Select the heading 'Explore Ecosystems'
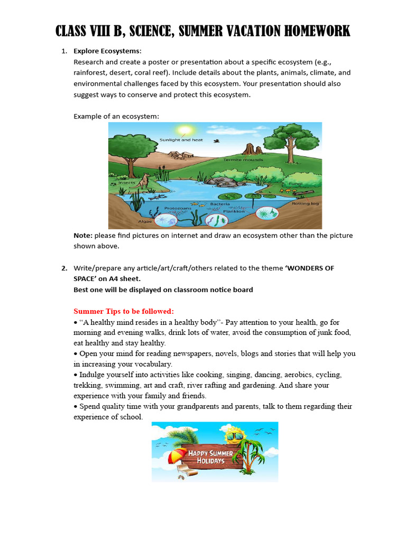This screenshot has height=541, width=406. click(x=107, y=51)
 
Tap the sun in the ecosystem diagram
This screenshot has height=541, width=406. click(x=185, y=130)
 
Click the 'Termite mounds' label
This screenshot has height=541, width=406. click(x=239, y=159)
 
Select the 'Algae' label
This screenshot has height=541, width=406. click(x=131, y=222)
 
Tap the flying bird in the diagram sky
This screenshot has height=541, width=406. click(x=217, y=141)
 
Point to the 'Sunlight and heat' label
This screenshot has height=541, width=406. click(x=181, y=140)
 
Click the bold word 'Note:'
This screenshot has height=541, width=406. click(x=83, y=236)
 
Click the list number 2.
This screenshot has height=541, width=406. click(x=64, y=268)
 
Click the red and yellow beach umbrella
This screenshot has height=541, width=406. click(x=178, y=455)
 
